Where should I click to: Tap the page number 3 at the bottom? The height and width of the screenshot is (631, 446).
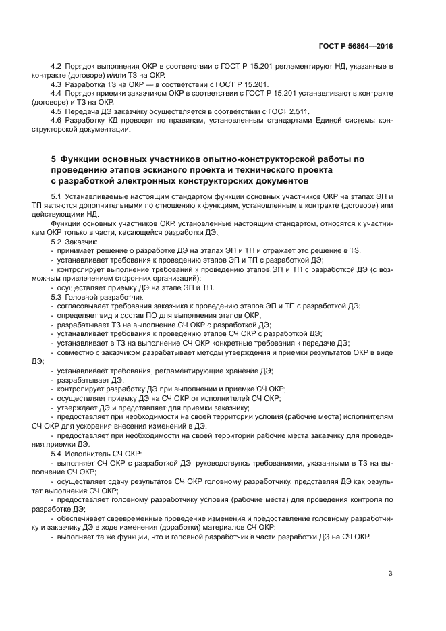tap(390, 574)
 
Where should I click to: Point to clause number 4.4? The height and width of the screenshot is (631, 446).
tap(56, 94)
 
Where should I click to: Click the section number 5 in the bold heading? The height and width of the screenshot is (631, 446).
tap(53, 159)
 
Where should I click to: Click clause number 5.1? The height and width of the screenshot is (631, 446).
tap(56, 196)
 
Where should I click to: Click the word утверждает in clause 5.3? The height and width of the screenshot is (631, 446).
tap(78, 408)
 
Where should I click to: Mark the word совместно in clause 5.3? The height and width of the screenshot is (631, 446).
tap(77, 352)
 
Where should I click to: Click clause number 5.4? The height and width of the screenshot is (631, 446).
tap(56, 454)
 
